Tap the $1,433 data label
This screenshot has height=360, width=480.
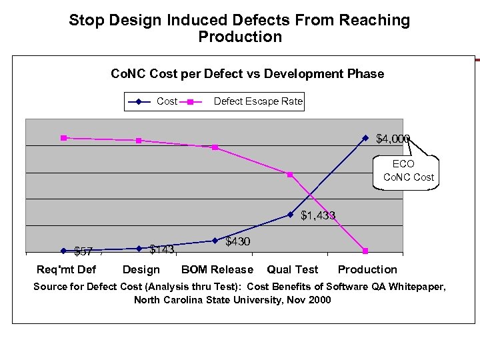[317, 215]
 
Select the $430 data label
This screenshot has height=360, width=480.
[238, 241]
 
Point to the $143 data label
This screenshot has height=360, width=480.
[161, 250]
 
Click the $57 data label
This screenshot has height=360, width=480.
[83, 251]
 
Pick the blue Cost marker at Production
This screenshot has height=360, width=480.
[365, 138]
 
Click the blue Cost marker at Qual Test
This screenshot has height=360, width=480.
[290, 215]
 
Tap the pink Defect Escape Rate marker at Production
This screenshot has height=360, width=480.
[366, 251]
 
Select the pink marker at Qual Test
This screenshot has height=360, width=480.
[290, 175]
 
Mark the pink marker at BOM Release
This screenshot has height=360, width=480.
[215, 147]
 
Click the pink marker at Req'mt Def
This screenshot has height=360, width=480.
[63, 138]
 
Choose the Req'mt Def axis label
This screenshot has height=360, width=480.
[66, 269]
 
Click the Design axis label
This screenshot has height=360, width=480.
[141, 269]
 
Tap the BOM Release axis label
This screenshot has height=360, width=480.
[217, 269]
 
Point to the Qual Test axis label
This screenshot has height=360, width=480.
[293, 269]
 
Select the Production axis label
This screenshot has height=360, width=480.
[367, 269]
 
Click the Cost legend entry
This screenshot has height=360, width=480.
[167, 101]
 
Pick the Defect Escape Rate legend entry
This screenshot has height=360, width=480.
[257, 101]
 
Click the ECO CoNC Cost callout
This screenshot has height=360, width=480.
[409, 171]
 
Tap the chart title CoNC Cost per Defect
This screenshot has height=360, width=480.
[247, 73]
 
